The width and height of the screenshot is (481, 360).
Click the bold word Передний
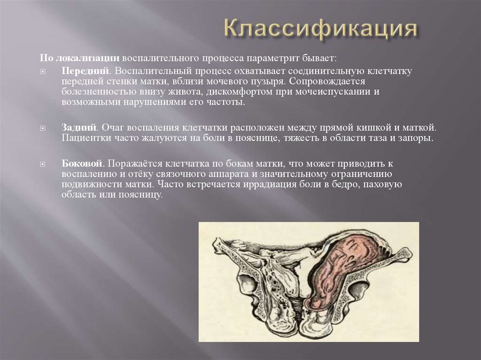[x=85, y=70]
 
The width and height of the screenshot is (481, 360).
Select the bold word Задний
[x=79, y=127]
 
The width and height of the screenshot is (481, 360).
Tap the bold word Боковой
[x=82, y=163]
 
